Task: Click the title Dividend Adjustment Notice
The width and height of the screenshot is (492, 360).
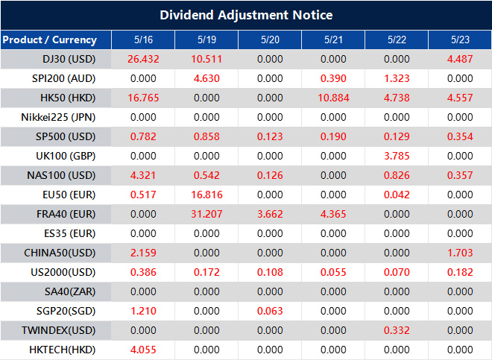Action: [x=246, y=15]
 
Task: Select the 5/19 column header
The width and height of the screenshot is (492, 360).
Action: [x=206, y=40]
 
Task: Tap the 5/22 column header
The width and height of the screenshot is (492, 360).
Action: [x=397, y=40]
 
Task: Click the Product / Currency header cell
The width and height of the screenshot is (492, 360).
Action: [x=50, y=40]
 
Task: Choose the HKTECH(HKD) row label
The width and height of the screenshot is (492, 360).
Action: [x=59, y=350]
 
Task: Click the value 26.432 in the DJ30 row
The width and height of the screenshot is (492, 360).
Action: [x=143, y=59]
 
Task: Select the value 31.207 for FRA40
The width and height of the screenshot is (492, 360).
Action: [x=206, y=214]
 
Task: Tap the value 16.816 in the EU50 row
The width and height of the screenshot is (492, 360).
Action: [x=206, y=195]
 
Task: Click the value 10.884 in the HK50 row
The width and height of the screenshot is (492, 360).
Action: [x=333, y=98]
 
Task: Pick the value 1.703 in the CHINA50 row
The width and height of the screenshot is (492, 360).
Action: [x=460, y=253]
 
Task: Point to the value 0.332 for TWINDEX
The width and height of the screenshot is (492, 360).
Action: [x=397, y=330]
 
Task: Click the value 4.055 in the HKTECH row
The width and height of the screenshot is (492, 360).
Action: [x=143, y=350]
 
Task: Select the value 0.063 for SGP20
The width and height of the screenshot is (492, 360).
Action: [x=270, y=311]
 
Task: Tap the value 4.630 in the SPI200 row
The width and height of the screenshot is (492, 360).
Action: [x=206, y=78]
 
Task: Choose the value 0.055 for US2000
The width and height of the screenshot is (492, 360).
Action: [x=333, y=272]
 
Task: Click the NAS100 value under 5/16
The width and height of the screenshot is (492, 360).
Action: [x=143, y=175]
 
